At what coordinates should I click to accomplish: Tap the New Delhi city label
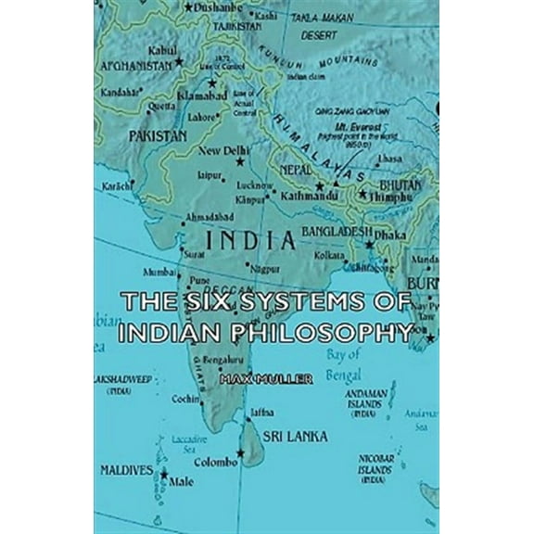point(221,151)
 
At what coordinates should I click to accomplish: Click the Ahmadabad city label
point(206,216)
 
